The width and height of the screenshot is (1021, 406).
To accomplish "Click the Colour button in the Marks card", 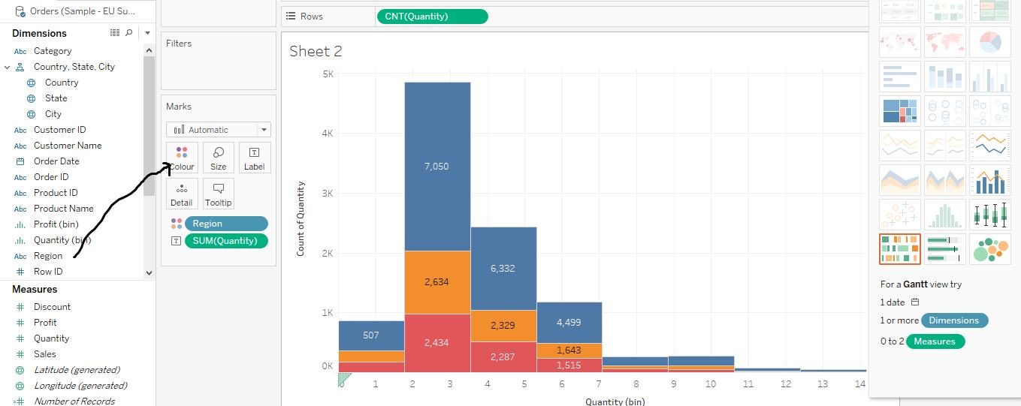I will (x=182, y=158).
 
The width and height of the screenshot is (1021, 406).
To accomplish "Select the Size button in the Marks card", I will (x=219, y=158).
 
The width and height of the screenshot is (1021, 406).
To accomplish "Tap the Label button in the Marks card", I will (x=254, y=158).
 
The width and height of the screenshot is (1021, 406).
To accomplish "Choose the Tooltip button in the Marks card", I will (x=219, y=194).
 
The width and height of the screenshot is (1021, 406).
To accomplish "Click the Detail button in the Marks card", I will (x=182, y=194).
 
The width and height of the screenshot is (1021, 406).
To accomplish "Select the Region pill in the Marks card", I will (x=226, y=224).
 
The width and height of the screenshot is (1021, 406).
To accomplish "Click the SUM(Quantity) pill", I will (x=226, y=241).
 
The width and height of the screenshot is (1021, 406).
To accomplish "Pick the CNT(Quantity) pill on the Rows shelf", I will (x=432, y=17).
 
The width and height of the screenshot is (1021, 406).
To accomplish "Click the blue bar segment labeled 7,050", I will (x=437, y=167).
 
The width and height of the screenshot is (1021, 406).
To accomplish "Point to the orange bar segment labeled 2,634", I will (x=437, y=282).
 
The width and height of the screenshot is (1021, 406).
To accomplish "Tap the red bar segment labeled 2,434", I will (x=437, y=343).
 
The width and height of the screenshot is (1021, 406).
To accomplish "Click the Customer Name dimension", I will (x=68, y=146).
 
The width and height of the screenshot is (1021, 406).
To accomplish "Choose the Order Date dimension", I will (x=56, y=161).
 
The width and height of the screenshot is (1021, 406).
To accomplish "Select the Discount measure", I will (x=52, y=307).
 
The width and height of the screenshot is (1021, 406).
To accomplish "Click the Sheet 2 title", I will (x=316, y=51).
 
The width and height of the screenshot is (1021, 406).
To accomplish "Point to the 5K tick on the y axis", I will (x=328, y=74).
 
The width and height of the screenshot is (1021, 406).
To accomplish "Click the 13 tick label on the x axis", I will (x=823, y=384).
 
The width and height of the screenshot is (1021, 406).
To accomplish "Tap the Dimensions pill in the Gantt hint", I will (x=954, y=320).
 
